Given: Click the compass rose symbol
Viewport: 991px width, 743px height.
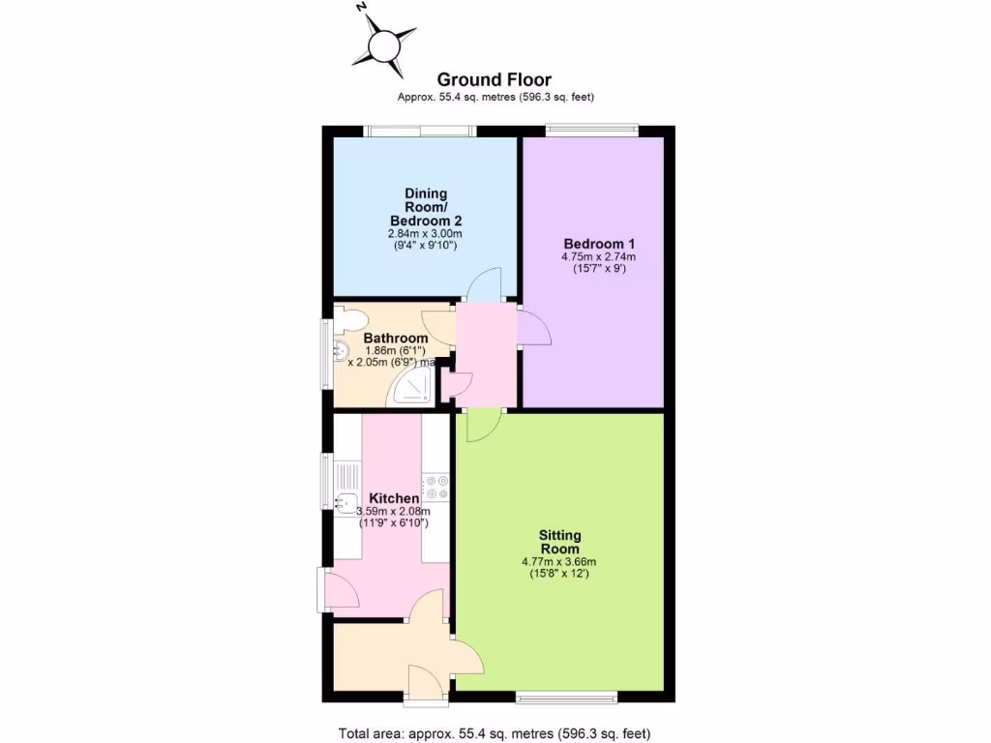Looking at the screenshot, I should click(x=384, y=44).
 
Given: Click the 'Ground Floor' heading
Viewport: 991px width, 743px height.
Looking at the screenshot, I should click(x=495, y=79).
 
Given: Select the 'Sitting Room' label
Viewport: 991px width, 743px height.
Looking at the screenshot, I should click(x=559, y=542).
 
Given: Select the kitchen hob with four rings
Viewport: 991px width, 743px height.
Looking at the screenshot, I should click(x=435, y=487).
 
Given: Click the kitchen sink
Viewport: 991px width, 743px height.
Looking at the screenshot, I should click(x=345, y=502).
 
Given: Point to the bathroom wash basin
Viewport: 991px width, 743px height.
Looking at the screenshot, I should click(x=340, y=351).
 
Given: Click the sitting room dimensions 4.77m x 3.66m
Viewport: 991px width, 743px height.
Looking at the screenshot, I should click(x=559, y=561).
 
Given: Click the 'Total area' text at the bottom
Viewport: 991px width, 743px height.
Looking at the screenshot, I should click(x=500, y=731).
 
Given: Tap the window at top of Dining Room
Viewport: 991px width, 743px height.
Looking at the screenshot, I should click(x=420, y=131).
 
